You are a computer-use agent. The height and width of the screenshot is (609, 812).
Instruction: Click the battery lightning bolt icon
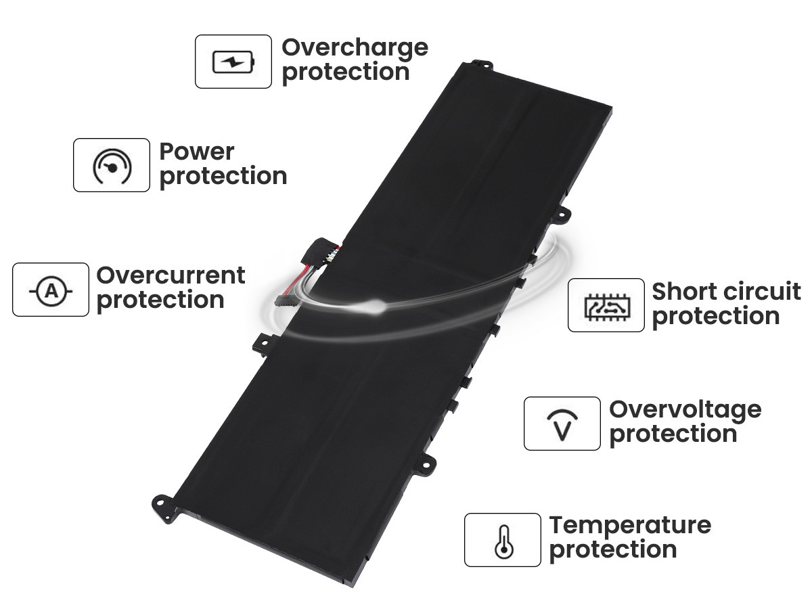[233, 62]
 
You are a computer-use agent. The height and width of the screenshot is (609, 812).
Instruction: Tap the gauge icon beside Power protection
[112, 166]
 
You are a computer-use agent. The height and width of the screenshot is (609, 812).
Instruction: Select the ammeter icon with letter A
[51, 291]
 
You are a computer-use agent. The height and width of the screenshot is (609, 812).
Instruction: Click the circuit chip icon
[607, 307]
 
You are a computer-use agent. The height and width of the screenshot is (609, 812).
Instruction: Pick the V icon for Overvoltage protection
[562, 425]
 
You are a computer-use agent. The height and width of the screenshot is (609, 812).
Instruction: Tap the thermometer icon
[504, 541]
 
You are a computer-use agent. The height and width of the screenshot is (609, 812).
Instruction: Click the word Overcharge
[355, 48]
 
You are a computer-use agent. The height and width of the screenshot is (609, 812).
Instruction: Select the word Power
[197, 152]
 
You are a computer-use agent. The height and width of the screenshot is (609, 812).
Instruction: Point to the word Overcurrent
[171, 275]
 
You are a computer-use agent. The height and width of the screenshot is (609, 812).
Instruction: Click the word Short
[685, 292]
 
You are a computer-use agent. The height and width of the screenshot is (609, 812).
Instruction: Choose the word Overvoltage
[685, 411]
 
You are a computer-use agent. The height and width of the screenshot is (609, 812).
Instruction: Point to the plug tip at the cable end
[283, 299]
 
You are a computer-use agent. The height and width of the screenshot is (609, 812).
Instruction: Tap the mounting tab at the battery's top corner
[481, 65]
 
